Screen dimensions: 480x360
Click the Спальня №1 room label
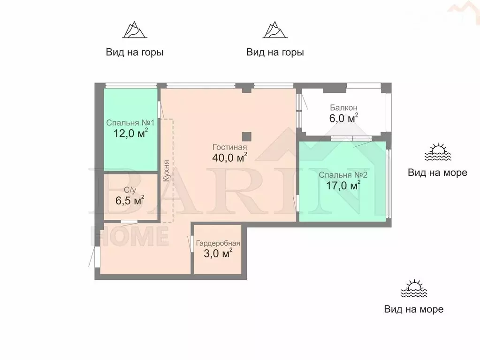130,123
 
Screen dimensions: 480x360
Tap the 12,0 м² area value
131,133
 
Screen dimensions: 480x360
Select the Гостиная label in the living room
229,147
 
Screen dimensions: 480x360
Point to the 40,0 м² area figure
229,157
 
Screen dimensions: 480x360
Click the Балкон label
343,108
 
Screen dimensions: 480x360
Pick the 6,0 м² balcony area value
343,118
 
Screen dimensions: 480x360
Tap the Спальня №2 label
343,175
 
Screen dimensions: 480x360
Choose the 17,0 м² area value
343,185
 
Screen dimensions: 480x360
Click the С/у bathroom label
130,190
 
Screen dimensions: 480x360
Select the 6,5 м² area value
130,201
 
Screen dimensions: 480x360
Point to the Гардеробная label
218,243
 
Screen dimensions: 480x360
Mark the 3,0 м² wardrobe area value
218,253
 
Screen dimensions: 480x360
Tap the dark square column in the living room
246,136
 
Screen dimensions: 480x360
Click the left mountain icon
135,30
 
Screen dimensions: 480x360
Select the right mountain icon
275,30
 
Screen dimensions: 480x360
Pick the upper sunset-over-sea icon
438,152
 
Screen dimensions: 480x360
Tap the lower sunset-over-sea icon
414,288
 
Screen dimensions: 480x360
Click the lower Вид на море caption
414,309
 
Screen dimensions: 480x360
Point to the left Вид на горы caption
135,52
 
